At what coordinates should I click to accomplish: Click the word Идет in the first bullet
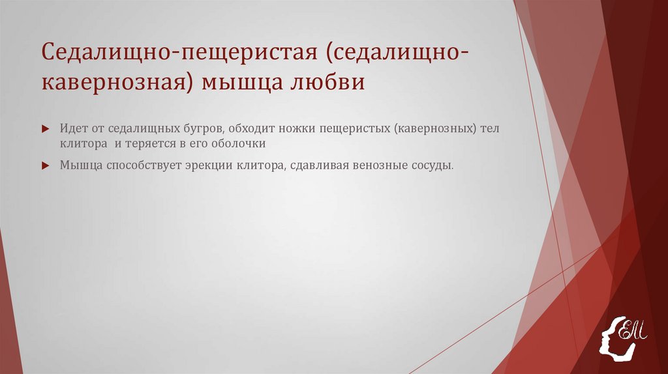pyautogui.click(x=71, y=129)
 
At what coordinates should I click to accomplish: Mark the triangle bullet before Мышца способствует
pyautogui.click(x=46, y=165)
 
